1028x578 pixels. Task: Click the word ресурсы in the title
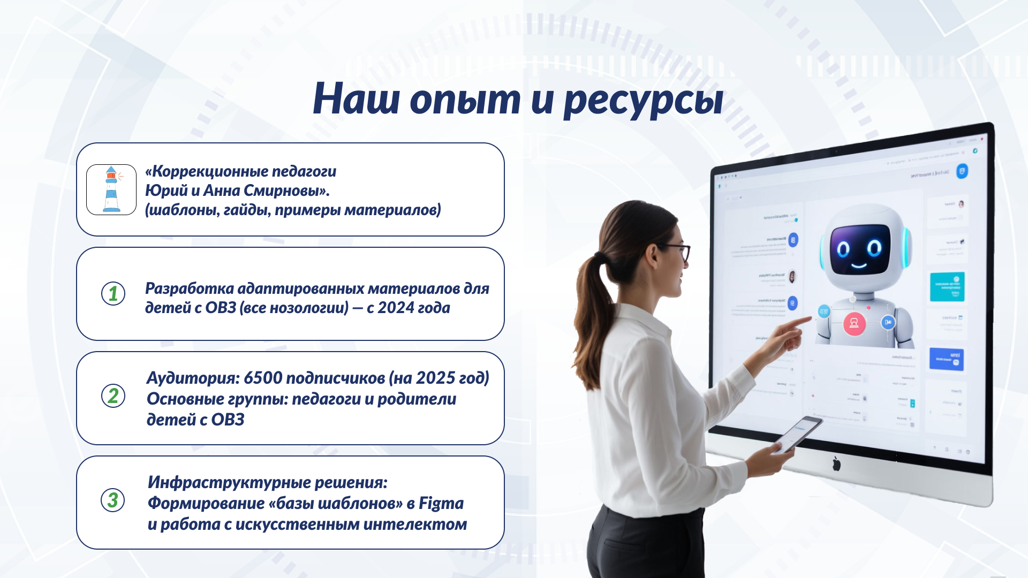(643, 100)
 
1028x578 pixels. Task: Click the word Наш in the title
(356, 100)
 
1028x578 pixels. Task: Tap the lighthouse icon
(111, 189)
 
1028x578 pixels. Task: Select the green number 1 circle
(113, 293)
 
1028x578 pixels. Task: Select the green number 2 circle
(113, 396)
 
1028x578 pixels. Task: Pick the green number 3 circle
(112, 500)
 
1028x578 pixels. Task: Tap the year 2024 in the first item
(396, 308)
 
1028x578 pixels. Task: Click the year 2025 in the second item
(435, 378)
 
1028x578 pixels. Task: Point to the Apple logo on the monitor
(836, 463)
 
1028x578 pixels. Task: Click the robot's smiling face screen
(859, 249)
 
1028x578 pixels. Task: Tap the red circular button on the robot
(854, 323)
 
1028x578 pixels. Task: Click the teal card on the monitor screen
(947, 286)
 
